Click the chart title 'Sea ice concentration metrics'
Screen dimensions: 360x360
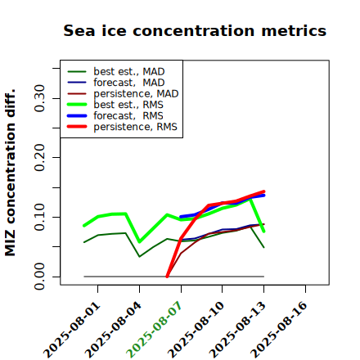click(195, 30)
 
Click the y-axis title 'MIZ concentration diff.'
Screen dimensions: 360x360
click(10, 173)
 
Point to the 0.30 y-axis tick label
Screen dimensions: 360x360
click(40, 98)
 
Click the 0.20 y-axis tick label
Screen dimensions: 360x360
click(40, 157)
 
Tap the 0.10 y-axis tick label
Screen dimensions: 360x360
click(40, 217)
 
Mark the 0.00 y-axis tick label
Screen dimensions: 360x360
click(40, 277)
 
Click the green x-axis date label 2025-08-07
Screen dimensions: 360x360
click(154, 330)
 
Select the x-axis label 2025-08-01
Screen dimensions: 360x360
click(72, 330)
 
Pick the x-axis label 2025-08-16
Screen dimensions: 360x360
click(279, 330)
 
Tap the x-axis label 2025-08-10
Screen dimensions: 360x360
click(196, 330)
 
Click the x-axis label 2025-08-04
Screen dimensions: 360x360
click(113, 330)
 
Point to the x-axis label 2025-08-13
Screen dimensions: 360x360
click(237, 330)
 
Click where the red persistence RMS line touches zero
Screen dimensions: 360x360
click(167, 277)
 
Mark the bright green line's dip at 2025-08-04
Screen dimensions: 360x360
click(140, 241)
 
